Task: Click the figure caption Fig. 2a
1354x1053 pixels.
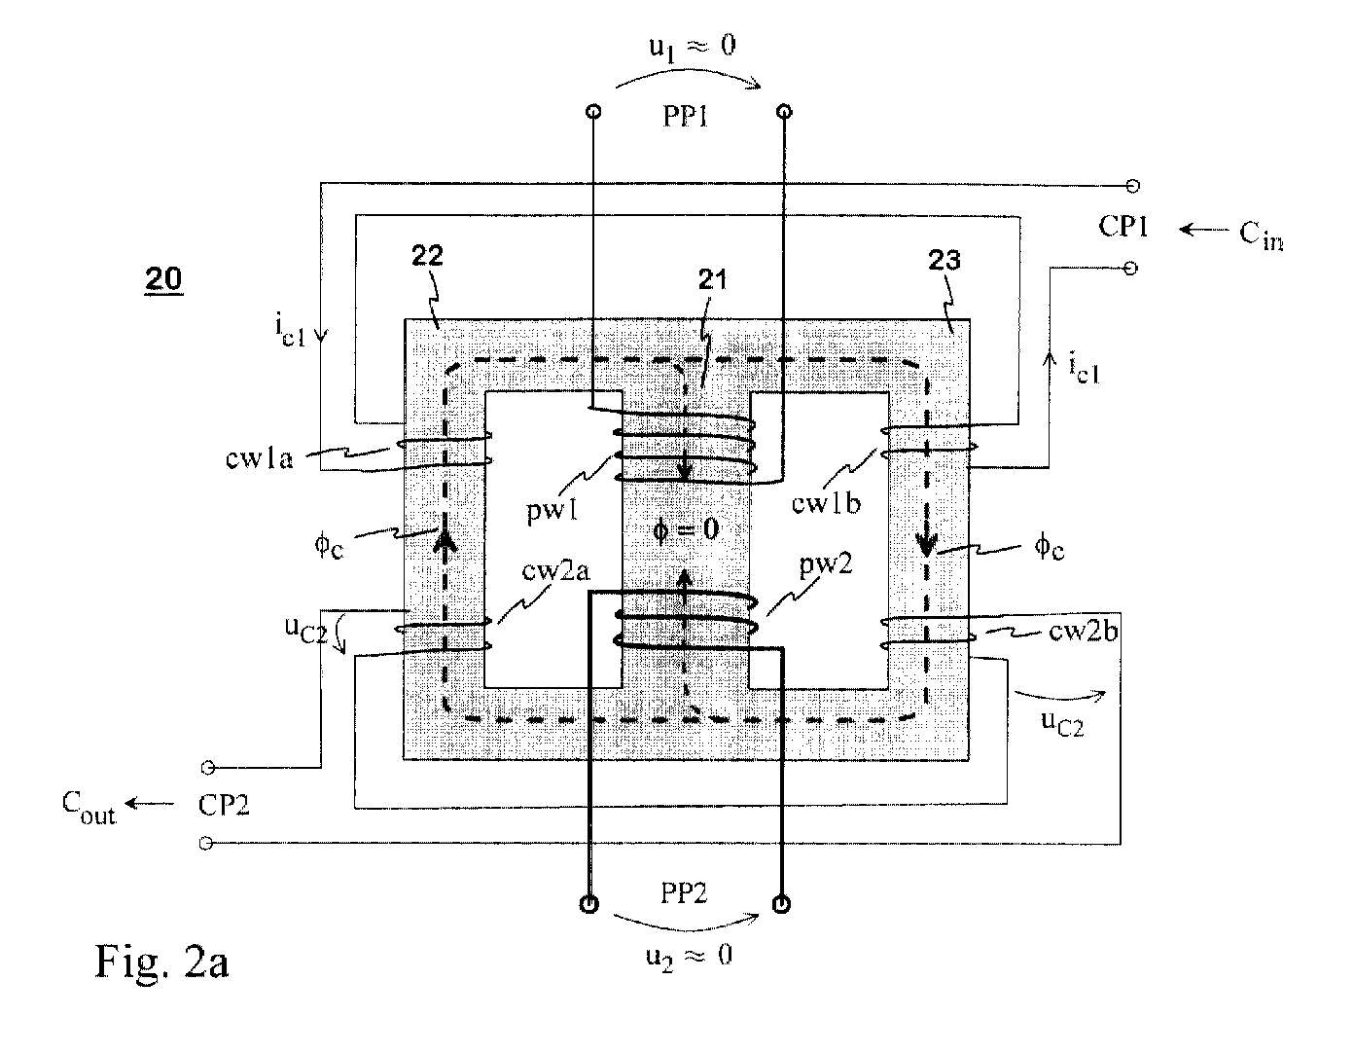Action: point(161,962)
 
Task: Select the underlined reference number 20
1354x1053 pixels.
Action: point(163,278)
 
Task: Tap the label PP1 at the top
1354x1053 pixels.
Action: point(685,117)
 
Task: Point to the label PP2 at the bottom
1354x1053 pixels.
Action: point(684,893)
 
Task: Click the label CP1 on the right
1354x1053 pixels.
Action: point(1122,226)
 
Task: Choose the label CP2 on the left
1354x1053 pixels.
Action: point(223,805)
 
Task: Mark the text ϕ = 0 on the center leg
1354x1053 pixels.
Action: point(686,530)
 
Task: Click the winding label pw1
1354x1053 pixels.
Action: point(552,510)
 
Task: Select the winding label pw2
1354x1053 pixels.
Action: point(825,564)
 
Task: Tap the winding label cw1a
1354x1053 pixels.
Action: point(259,458)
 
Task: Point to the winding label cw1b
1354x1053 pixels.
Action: point(826,502)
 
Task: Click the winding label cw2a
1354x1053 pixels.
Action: point(555,570)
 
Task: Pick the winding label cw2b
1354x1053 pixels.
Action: point(1084,631)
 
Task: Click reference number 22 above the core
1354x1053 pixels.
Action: point(427,255)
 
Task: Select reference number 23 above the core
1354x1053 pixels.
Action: point(944,260)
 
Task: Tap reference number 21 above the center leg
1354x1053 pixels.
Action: point(712,279)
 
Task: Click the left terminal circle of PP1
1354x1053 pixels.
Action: point(593,112)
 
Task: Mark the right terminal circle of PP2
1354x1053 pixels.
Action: point(781,903)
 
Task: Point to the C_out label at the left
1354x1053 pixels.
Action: point(89,808)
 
